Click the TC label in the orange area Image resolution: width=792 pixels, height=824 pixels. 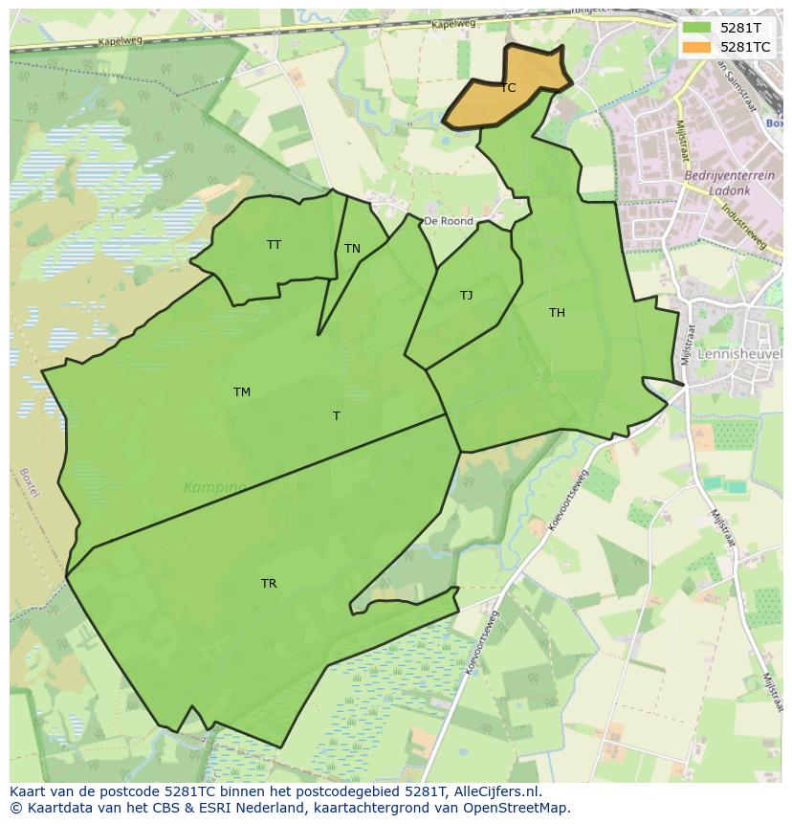pos(508,88)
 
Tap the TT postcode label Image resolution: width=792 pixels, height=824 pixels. pos(275,245)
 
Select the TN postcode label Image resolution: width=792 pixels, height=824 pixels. pos(352,249)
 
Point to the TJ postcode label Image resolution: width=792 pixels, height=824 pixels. pos(466,296)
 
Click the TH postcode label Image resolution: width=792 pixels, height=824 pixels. pos(557,313)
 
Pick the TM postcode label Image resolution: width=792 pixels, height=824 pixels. pos(242,392)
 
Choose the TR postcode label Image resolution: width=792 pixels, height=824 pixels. pos(269,584)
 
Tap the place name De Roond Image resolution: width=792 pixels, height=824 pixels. pos(449,221)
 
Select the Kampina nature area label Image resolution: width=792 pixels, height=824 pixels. pos(215,487)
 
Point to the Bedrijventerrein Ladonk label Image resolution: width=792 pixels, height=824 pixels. pos(717,183)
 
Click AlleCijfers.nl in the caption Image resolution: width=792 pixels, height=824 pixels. pos(495,792)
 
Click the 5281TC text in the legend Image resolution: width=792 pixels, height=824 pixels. pos(745,46)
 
